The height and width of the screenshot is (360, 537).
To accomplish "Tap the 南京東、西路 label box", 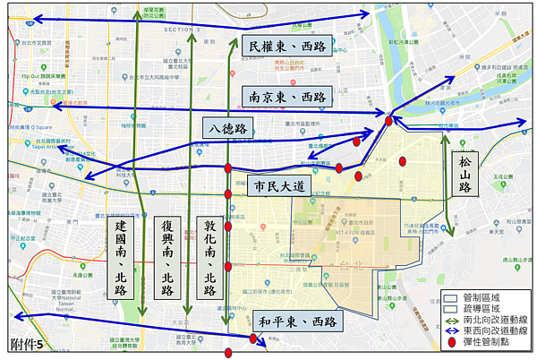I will pyautogui.click(x=286, y=97).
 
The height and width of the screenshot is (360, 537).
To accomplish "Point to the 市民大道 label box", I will pyautogui.click(x=279, y=186).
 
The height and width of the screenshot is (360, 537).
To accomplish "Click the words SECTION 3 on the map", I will pyautogui.click(x=183, y=30).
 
